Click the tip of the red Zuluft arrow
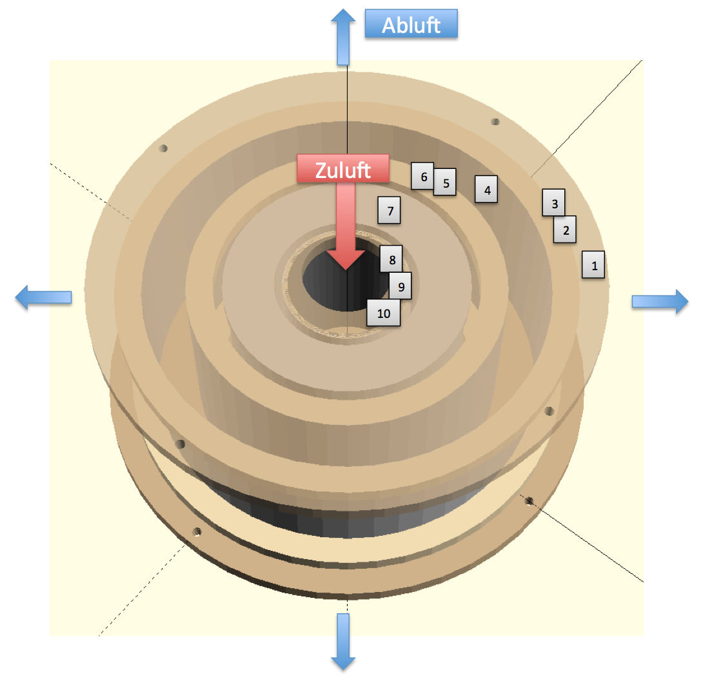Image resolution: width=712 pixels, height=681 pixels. tap(346, 270)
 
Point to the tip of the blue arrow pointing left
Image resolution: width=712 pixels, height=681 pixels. tap(15, 297)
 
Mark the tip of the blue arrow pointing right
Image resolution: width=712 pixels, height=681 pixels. tap(688, 301)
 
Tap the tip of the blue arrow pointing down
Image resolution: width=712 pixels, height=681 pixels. tap(343, 670)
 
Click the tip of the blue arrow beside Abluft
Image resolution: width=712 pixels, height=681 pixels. tap(343, 9)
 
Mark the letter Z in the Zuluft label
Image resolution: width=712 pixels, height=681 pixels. tap(321, 171)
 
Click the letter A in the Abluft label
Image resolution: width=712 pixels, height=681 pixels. tap(390, 25)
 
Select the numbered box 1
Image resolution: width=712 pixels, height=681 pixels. tap(593, 264)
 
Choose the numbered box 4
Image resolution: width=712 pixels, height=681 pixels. tap(486, 189)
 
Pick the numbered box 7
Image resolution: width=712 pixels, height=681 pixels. tap(389, 210)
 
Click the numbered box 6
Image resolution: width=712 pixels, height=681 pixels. tap(422, 175)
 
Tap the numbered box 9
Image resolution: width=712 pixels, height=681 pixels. tap(400, 286)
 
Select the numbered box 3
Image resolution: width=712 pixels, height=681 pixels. tap(554, 202)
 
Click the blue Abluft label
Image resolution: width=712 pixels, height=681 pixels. tap(411, 24)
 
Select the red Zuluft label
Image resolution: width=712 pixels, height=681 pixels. tap(343, 169)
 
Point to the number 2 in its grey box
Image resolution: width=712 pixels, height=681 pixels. tap(566, 231)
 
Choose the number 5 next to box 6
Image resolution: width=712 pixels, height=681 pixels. tap(446, 183)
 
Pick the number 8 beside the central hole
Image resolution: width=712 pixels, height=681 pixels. tap(392, 260)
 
